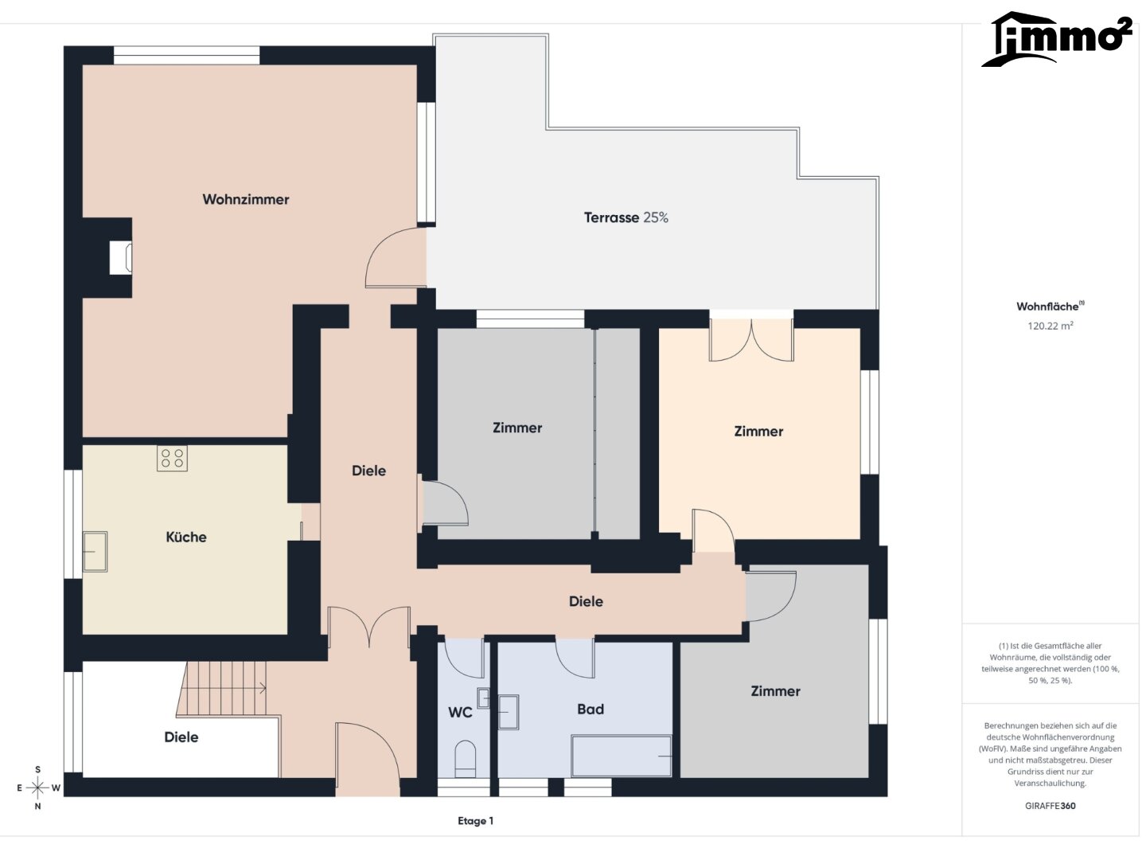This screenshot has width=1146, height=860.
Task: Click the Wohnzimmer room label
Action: click(245, 199)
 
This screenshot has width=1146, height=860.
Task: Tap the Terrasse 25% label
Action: click(626, 217)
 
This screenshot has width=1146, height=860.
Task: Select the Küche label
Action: click(186, 537)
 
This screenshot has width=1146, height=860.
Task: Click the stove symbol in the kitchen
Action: click(172, 459)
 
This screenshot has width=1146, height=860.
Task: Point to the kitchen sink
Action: click(95, 551)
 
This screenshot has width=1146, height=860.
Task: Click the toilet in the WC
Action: click(466, 759)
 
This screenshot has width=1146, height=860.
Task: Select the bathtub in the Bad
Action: click(622, 756)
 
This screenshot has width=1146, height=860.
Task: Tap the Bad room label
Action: click(591, 709)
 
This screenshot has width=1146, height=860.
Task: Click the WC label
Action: click(460, 712)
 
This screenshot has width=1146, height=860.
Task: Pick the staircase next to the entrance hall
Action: click(223, 688)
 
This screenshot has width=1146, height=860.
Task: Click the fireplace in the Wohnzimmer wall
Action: click(121, 257)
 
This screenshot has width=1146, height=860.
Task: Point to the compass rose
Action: click(37, 788)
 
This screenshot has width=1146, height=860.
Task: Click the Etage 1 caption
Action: click(475, 821)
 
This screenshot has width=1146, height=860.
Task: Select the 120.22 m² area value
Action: click(1050, 326)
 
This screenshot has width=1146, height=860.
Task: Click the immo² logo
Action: click(1057, 39)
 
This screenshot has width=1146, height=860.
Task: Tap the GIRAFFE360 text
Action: click(1050, 806)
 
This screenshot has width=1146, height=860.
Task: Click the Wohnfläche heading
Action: click(1050, 306)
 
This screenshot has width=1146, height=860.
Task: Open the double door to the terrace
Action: click(751, 338)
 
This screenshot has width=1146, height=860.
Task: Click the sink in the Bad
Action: click(508, 712)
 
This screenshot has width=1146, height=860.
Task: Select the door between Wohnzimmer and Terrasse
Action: click(396, 257)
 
